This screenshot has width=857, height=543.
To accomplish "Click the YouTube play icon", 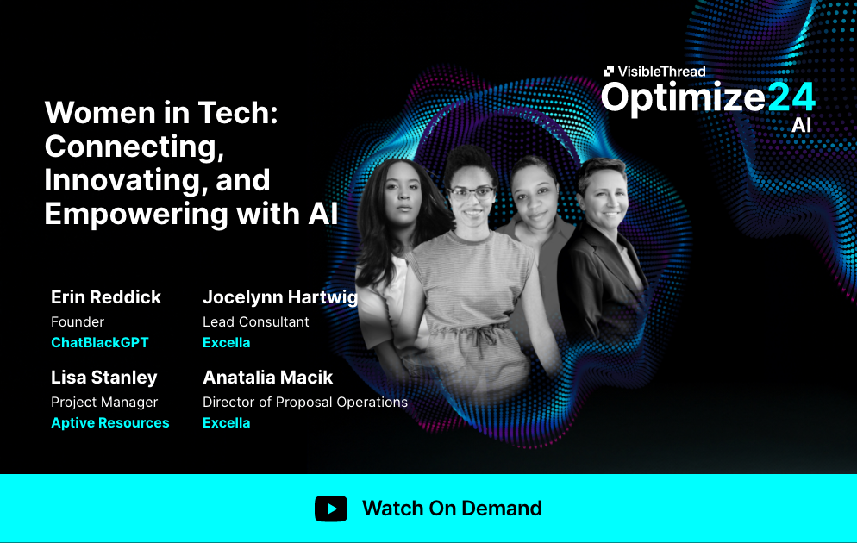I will [x=331, y=509].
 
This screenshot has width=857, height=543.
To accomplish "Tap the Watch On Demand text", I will [x=452, y=509].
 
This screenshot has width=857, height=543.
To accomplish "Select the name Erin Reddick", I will [x=106, y=297].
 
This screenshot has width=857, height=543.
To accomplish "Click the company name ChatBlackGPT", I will [x=100, y=342].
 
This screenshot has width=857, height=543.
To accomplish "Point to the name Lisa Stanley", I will [x=104, y=378].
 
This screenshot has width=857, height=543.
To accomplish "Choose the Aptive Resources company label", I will [x=110, y=422].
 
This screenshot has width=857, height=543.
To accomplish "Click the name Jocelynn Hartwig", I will [x=280, y=297].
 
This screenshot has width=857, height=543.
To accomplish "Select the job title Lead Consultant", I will [x=256, y=321].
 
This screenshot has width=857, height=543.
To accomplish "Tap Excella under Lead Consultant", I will [x=227, y=342].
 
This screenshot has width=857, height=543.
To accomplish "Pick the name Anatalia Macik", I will [x=267, y=378].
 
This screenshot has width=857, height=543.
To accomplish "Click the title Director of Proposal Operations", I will [x=305, y=402].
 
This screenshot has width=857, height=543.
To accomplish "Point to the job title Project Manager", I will [x=104, y=402].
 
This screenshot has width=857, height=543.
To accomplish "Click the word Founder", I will [x=78, y=321].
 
